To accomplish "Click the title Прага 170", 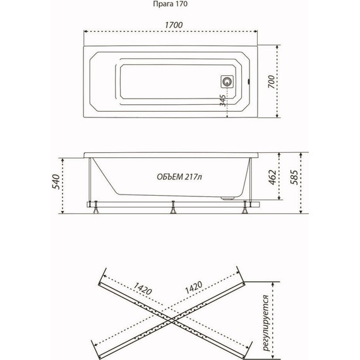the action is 170,4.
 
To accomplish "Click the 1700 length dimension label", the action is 174,25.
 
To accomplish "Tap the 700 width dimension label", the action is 272,81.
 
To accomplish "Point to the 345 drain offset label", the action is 223,100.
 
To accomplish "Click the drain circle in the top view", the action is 227,81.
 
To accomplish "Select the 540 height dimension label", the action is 56,182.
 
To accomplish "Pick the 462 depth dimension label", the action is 273,177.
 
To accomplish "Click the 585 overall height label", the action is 294,177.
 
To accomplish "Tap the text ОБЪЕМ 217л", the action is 179,177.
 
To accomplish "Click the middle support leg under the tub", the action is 173,207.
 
